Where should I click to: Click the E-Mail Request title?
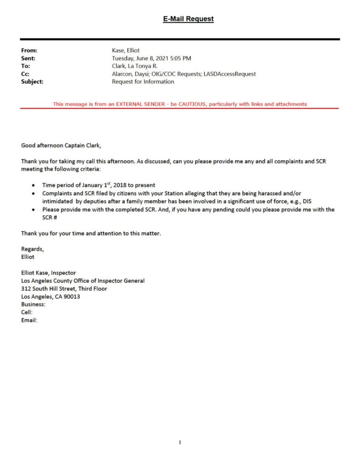[x=188, y=19]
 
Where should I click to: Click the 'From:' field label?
[x=29, y=51]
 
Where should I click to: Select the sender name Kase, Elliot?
[x=122, y=51]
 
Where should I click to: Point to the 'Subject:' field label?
[x=32, y=81]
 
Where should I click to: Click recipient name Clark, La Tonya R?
[x=135, y=66]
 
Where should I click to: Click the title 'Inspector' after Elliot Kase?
[x=64, y=273]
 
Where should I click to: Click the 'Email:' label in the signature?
[x=29, y=320]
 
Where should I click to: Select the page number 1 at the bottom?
[x=180, y=442]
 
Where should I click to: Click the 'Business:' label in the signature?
[x=33, y=304]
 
